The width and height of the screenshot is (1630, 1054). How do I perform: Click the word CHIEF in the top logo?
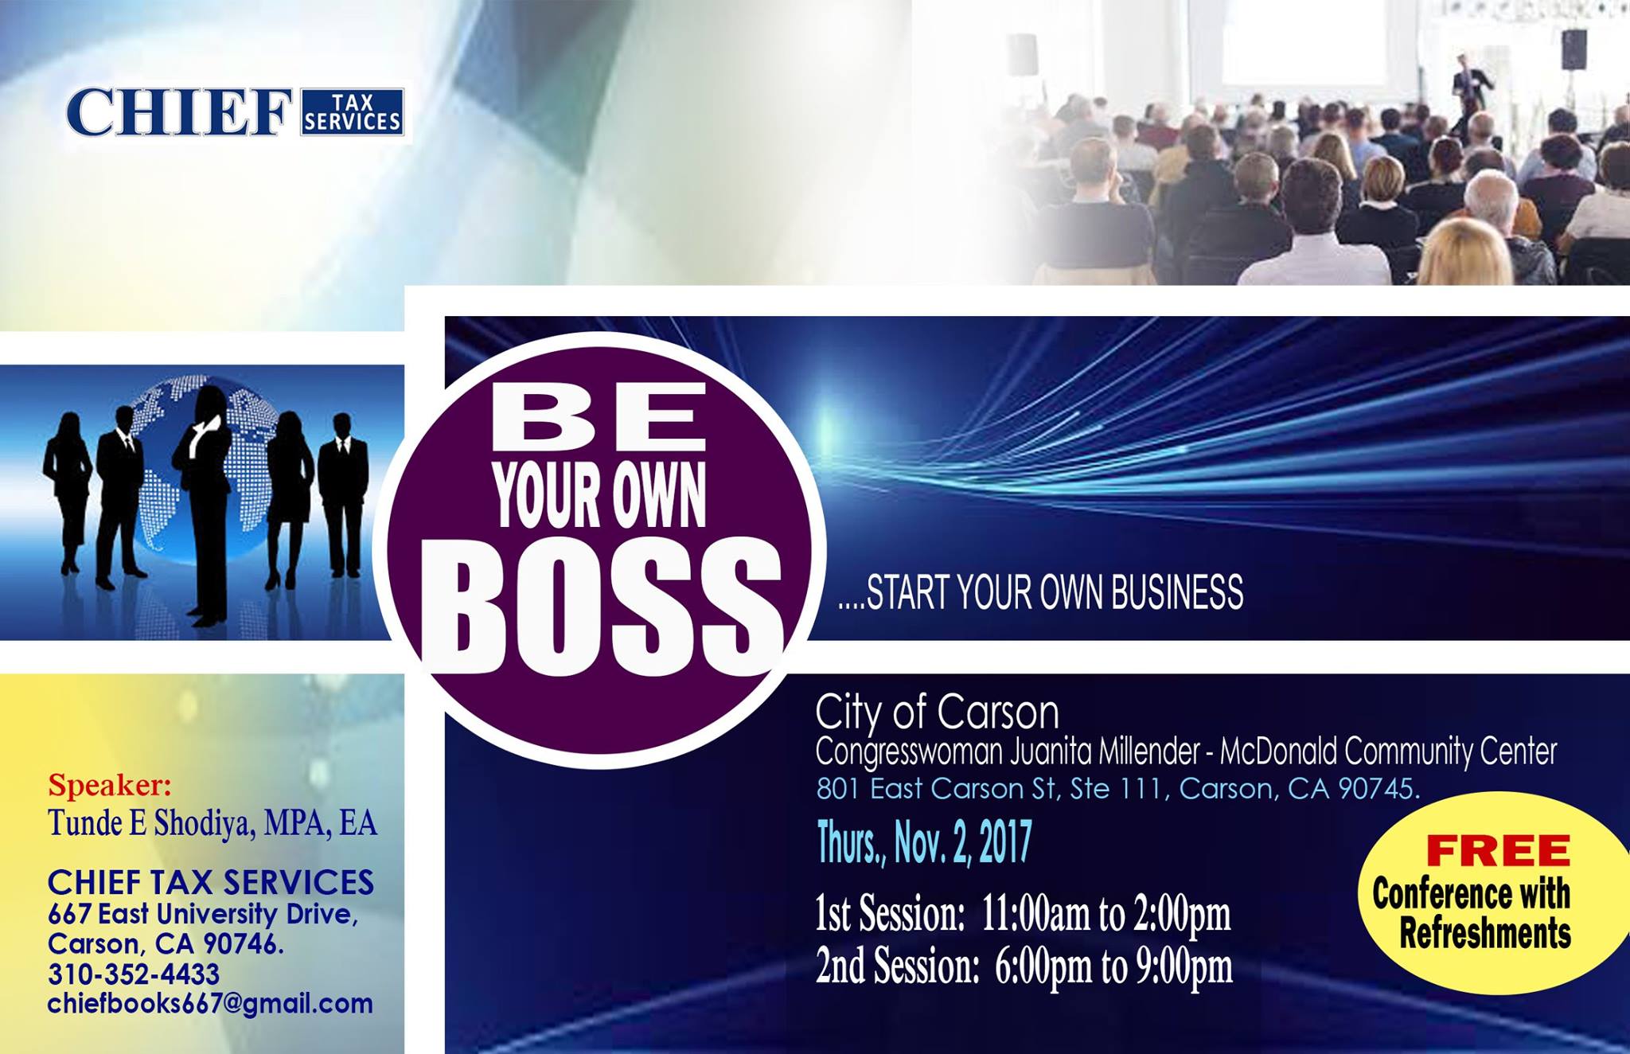click(x=180, y=112)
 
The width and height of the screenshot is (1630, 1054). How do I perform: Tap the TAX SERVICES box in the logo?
click(x=352, y=111)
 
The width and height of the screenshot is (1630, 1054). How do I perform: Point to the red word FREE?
click(x=1497, y=851)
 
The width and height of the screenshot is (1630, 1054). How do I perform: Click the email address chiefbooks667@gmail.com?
click(x=210, y=1004)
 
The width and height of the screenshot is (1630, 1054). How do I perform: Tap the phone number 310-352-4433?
click(x=134, y=974)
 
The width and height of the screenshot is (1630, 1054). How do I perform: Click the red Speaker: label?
click(x=110, y=785)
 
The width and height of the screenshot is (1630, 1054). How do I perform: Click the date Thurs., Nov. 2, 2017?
click(x=925, y=843)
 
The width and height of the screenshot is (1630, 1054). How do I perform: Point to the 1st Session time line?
click(x=1023, y=915)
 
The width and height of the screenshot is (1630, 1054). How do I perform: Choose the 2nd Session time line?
click(x=1024, y=966)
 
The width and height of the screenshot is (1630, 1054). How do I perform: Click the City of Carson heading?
click(x=938, y=712)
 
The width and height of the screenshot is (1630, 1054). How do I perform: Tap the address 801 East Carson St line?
click(x=1118, y=788)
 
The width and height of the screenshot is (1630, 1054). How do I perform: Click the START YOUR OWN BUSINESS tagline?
click(x=1041, y=592)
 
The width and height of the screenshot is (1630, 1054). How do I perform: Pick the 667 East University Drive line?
click(x=203, y=914)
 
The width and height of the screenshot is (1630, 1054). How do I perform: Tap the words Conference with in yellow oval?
click(x=1471, y=894)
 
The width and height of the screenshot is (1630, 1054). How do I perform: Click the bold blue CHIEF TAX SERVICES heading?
click(x=211, y=882)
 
